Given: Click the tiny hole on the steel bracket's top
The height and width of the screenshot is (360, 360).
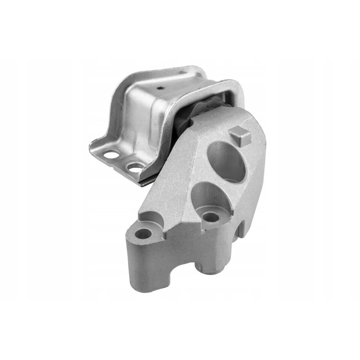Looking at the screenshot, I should [159, 87].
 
